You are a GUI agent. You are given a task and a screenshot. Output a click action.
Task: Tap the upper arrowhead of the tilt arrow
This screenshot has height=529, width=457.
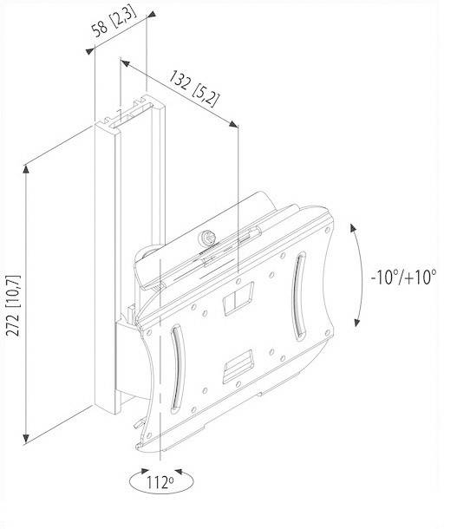pyautogui.click(x=352, y=225)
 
